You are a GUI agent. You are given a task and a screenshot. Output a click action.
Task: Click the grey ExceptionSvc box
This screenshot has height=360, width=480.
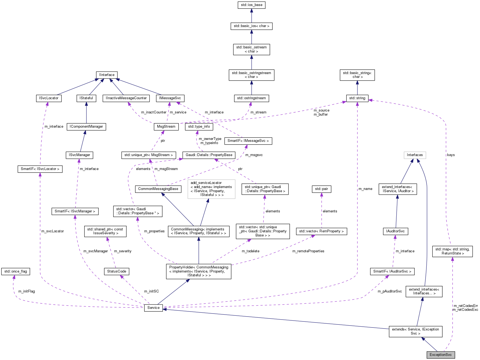[x=440, y=355]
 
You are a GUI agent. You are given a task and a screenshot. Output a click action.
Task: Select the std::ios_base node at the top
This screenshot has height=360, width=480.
[x=251, y=5]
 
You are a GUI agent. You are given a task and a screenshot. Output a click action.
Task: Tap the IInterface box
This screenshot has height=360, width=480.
[x=107, y=75]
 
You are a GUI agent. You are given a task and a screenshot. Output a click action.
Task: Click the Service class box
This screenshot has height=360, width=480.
[x=153, y=308]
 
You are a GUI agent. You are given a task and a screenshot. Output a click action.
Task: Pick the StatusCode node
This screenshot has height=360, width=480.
[x=117, y=271]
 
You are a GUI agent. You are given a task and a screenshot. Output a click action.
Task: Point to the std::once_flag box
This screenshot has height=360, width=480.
[x=16, y=271]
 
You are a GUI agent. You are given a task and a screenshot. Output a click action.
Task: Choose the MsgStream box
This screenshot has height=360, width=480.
[x=166, y=127]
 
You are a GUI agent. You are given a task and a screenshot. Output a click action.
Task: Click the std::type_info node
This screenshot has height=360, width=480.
[x=199, y=126]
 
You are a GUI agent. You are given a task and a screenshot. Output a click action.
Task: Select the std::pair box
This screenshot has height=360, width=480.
[x=321, y=189]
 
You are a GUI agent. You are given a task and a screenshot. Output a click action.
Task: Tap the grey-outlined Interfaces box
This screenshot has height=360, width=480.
[x=415, y=155]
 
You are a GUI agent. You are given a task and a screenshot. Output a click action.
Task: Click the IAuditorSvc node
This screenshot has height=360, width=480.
[x=395, y=231]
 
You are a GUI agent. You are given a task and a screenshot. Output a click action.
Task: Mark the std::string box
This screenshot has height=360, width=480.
[x=357, y=98]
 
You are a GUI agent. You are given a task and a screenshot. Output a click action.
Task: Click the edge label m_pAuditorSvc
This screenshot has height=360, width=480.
[x=389, y=291]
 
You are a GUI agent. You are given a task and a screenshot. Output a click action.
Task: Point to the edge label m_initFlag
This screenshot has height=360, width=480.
[x=27, y=291]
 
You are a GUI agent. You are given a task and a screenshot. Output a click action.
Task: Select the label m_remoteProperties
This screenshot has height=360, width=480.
[x=308, y=251]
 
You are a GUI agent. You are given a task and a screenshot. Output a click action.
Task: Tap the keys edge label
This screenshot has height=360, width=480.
[x=451, y=155]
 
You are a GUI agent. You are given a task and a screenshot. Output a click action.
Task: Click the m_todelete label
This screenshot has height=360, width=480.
[x=250, y=251]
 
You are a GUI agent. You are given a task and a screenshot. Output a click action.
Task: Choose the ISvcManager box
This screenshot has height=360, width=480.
[x=79, y=155]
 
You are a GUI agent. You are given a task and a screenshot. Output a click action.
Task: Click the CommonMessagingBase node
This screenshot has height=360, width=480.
[x=158, y=189]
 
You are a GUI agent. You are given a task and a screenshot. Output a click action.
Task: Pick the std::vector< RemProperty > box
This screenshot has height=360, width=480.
[x=321, y=231]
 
